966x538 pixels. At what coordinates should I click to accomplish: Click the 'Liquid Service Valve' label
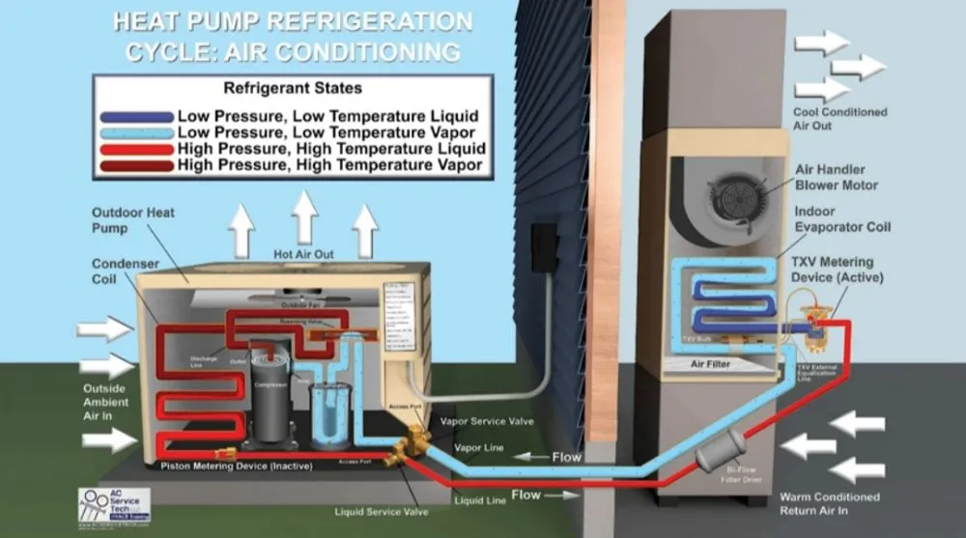pos(382,511)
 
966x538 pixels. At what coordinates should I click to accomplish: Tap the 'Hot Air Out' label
pos(304,254)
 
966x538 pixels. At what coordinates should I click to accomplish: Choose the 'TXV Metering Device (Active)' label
pos(834,269)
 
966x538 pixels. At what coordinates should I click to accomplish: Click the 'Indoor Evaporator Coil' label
pos(841,219)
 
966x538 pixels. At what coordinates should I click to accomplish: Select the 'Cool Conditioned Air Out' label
pos(838,119)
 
